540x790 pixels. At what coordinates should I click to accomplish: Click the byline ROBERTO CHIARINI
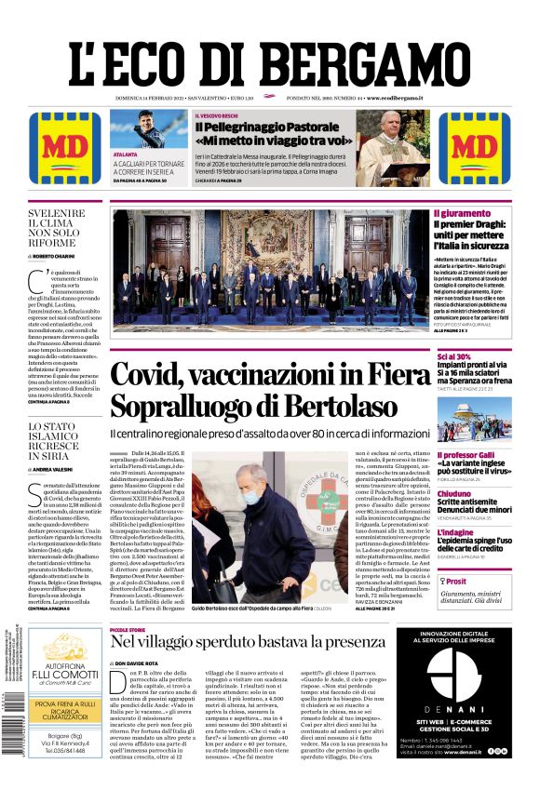pos(60,255)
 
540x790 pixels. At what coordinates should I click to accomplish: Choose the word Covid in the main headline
pos(156,376)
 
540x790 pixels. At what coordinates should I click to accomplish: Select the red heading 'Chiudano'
pos(453,493)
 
